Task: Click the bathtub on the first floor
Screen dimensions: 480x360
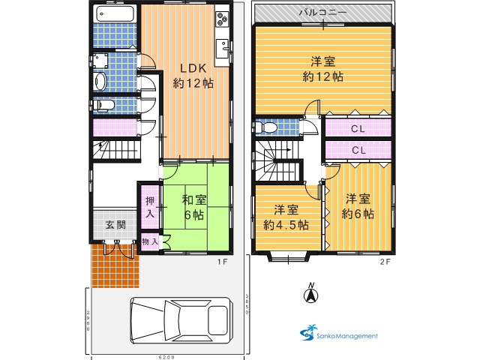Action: (x=115, y=14)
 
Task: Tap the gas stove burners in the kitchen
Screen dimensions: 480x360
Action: (x=222, y=19)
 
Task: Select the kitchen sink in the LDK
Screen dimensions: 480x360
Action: (x=223, y=49)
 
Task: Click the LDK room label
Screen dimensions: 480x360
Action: (x=193, y=68)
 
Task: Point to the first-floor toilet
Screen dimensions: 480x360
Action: (x=103, y=105)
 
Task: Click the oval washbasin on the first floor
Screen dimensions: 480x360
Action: (x=100, y=82)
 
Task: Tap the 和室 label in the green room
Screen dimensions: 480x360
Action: (x=194, y=200)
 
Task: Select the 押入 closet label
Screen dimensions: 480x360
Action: (x=150, y=207)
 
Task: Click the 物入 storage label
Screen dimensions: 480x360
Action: (x=150, y=241)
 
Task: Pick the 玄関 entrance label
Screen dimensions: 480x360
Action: (x=115, y=225)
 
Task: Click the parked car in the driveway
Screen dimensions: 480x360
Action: (x=181, y=320)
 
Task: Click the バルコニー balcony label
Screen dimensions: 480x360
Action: (x=323, y=13)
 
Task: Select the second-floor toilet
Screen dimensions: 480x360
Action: (x=266, y=127)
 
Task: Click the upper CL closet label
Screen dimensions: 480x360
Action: (x=358, y=129)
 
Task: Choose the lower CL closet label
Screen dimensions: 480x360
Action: (x=358, y=150)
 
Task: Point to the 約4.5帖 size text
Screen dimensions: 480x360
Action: (x=286, y=225)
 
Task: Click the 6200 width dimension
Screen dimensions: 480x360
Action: (x=167, y=357)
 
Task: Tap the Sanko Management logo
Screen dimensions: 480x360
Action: (x=338, y=333)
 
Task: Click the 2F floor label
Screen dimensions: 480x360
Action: (x=385, y=262)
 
